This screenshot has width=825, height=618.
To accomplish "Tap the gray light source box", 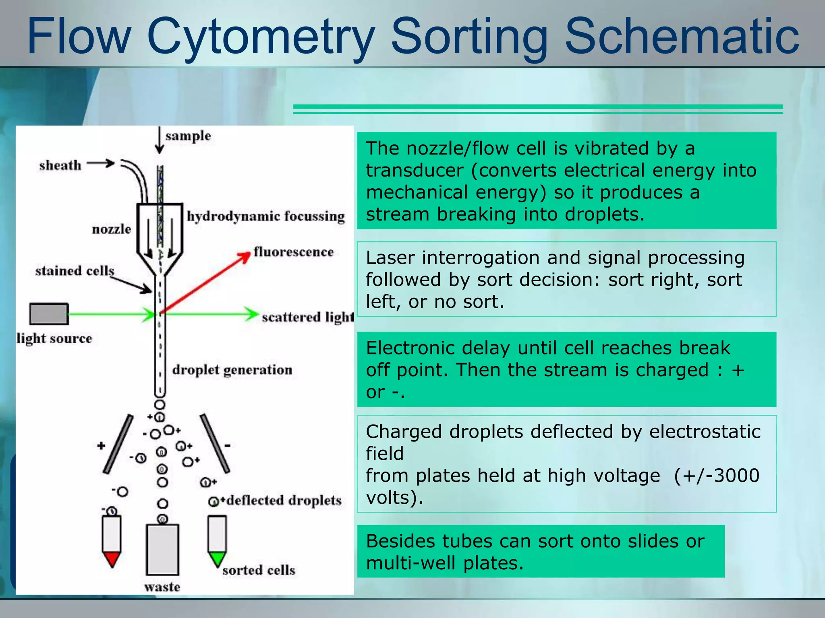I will [x=49, y=314].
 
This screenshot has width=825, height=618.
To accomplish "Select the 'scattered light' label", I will [x=307, y=317].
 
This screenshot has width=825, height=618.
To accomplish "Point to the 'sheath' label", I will [x=60, y=165].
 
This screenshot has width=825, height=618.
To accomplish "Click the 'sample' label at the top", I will [x=188, y=136].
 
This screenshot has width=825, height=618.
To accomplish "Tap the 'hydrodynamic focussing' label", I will [x=266, y=216].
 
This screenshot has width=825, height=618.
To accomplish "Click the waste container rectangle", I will [x=162, y=550].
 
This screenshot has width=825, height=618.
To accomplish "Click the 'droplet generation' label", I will [x=232, y=370].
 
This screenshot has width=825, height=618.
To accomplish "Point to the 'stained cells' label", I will [x=75, y=271].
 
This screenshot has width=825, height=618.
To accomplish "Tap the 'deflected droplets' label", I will [x=284, y=501].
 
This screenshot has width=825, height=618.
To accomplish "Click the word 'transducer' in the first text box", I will [x=415, y=171].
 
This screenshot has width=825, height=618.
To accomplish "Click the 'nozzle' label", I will [x=112, y=229].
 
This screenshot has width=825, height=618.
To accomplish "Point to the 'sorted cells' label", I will [x=259, y=570].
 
